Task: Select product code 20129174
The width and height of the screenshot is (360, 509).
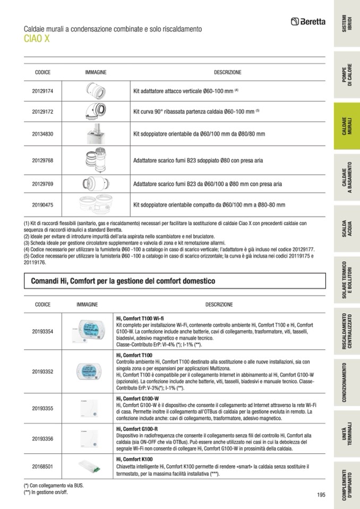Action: pyautogui.click(x=42, y=91)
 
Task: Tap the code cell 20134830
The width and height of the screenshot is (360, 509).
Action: pyautogui.click(x=42, y=134)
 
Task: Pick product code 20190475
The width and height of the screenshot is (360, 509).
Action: pyautogui.click(x=42, y=204)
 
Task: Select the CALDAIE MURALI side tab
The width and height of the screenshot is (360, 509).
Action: pyautogui.click(x=347, y=127)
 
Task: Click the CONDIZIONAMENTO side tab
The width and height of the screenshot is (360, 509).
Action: pyautogui.click(x=347, y=382)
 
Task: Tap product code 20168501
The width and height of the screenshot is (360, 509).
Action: pyautogui.click(x=42, y=467)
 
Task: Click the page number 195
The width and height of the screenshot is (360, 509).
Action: pyautogui.click(x=321, y=495)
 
